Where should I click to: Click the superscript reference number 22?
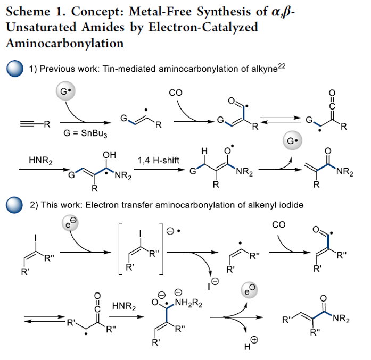[x=282, y=65]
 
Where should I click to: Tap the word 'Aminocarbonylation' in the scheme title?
[x=65, y=43]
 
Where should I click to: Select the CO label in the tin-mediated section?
[x=176, y=93]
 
